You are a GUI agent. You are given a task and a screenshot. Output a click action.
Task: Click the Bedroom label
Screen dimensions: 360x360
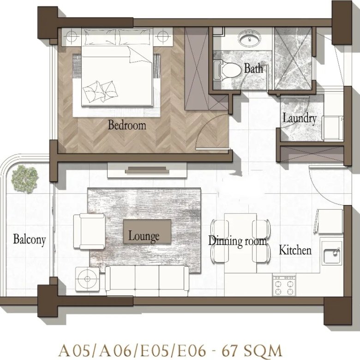tap(127, 126)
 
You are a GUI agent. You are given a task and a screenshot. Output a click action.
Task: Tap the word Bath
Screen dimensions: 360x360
tap(253, 68)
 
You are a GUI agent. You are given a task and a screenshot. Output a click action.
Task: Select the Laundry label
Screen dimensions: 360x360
tap(300, 119)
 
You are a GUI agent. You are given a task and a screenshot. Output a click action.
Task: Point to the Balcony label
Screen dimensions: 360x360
tap(30, 240)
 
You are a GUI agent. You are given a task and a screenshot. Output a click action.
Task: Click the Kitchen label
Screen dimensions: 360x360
tap(295, 250)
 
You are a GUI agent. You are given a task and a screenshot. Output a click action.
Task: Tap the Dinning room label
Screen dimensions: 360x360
tap(238, 241)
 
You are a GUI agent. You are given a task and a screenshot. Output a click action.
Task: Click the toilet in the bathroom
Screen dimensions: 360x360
tap(227, 71)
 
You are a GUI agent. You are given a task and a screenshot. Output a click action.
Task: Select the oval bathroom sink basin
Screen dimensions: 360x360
tap(249, 39)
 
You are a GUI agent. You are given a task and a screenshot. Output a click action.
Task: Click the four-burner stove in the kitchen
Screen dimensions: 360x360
tap(284, 285)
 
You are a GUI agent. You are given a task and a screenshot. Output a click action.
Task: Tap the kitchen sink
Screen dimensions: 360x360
tap(331, 253)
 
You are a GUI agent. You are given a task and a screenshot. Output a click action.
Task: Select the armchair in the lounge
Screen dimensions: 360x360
tap(90, 231)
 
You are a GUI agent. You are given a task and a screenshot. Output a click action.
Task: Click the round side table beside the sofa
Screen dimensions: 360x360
tap(87, 279)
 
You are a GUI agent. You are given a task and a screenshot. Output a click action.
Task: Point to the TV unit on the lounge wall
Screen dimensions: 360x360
tap(147, 170)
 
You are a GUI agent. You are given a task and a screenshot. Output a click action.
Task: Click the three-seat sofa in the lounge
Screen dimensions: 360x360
tap(147, 281)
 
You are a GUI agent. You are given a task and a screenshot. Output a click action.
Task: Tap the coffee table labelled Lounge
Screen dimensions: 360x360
tap(147, 231)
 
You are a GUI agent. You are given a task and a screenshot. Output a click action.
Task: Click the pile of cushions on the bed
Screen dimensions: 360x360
tap(100, 92)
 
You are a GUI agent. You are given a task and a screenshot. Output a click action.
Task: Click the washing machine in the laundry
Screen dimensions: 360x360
tap(332, 128)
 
